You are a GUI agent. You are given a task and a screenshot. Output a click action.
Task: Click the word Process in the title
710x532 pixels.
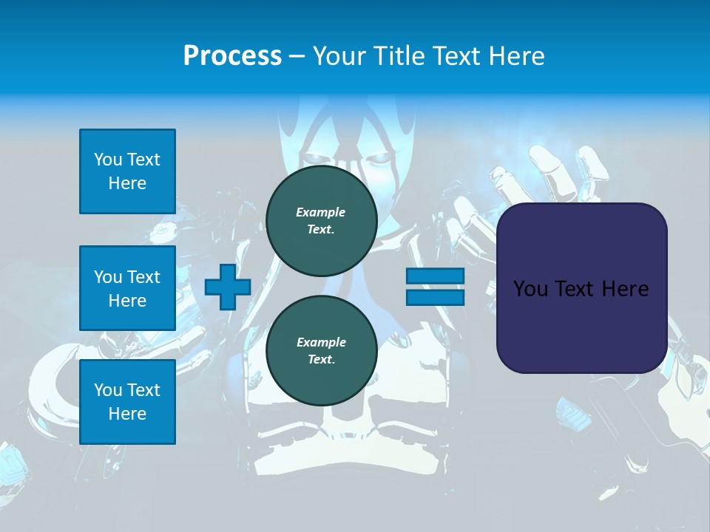click(232, 56)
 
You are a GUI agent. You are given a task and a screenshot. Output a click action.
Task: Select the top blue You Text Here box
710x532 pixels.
click(127, 171)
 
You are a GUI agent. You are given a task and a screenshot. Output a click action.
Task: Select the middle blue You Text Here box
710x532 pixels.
click(127, 288)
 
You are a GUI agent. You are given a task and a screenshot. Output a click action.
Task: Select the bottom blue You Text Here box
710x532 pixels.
click(127, 402)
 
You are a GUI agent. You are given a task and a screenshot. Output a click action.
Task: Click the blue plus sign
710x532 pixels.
click(228, 287)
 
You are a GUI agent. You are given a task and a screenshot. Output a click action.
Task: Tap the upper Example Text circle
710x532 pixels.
click(321, 220)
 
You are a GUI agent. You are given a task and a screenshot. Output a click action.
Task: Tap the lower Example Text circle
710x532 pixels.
click(321, 350)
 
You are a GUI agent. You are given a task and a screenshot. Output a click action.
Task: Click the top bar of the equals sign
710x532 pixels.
click(435, 276)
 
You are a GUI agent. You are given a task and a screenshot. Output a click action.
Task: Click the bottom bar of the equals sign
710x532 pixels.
click(435, 298)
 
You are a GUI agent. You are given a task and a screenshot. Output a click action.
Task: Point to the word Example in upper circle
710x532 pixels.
click(321, 212)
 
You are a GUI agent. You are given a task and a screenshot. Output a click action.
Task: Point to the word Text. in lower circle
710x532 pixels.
click(321, 360)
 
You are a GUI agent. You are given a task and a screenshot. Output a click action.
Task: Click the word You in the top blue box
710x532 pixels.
click(108, 160)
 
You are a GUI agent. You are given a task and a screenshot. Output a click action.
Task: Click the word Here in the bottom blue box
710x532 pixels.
click(127, 414)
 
